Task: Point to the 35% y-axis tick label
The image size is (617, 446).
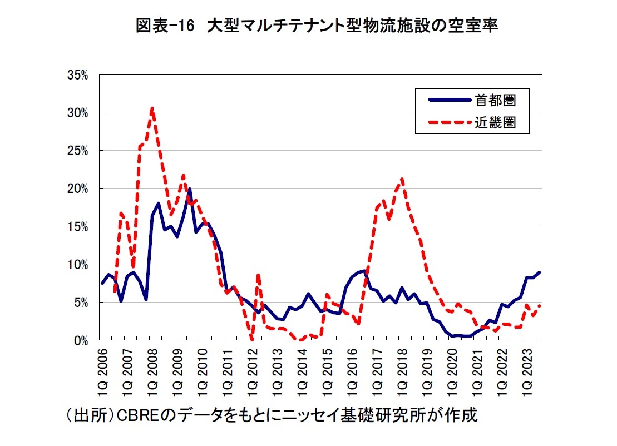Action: tap(78, 75)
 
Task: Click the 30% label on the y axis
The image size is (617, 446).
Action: tap(78, 112)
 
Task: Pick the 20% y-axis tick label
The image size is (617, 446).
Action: tap(78, 189)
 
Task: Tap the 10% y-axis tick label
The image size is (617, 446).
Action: tap(78, 264)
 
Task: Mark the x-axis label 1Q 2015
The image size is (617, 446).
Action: tap(328, 371)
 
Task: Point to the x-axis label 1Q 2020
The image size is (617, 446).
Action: tap(452, 371)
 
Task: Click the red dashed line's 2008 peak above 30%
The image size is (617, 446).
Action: tap(152, 108)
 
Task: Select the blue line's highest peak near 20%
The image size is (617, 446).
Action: tap(190, 189)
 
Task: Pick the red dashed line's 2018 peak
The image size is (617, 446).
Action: tap(402, 179)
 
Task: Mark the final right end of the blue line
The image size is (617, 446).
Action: tap(540, 272)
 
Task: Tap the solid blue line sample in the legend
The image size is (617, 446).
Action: tap(448, 100)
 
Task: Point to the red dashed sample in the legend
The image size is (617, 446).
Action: tap(448, 122)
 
